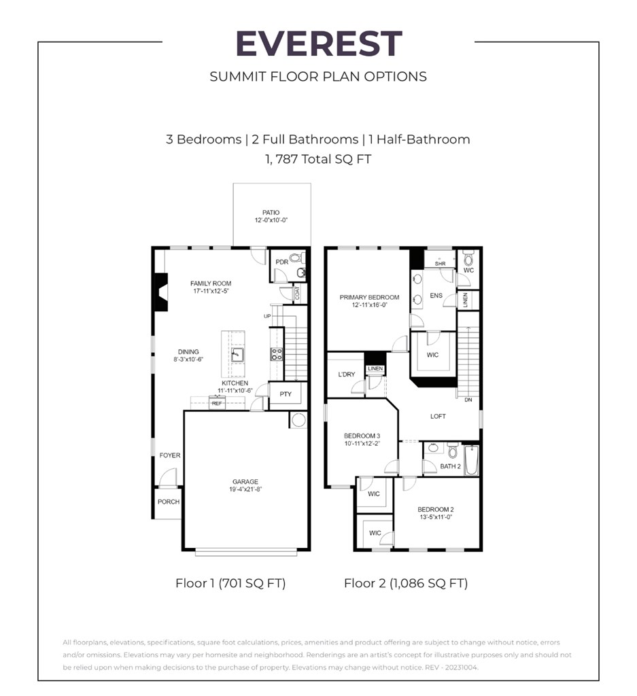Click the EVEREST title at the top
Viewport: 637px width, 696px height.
[318, 44]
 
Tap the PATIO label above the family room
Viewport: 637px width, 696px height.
[271, 213]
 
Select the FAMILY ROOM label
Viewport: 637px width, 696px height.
[210, 283]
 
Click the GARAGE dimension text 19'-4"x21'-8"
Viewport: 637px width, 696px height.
[245, 489]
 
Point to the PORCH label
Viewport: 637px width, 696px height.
[169, 502]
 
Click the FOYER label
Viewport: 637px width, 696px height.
[170, 455]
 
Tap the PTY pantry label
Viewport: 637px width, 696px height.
[286, 394]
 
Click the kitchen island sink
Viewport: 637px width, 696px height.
[236, 355]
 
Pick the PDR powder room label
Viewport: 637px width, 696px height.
[281, 262]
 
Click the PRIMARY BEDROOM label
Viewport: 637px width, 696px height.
[369, 297]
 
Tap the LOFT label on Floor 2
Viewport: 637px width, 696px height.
[438, 416]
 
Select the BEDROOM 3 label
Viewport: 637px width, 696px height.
[362, 436]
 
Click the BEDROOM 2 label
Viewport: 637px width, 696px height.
[435, 509]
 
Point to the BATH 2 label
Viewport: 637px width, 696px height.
[450, 466]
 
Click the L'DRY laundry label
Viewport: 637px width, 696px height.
[347, 375]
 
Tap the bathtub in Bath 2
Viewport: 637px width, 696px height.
[472, 460]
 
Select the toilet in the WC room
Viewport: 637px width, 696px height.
[468, 259]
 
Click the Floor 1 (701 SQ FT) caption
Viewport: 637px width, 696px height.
[230, 583]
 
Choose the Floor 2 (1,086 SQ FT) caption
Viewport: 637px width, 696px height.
[405, 583]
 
